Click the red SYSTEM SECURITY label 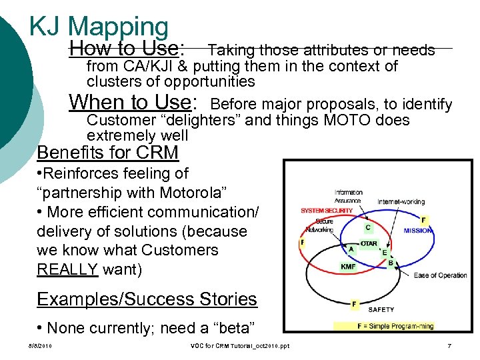(327, 211)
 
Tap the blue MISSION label (417, 231)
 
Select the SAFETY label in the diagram (381, 309)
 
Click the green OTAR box (369, 244)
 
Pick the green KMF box (348, 266)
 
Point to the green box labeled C (367, 227)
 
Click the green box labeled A (351, 249)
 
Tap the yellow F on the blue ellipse (425, 219)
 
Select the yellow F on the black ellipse (354, 304)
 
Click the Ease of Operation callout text (440, 275)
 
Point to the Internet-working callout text (401, 201)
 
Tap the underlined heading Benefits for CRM (107, 153)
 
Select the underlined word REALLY (67, 269)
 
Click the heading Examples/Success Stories (147, 299)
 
